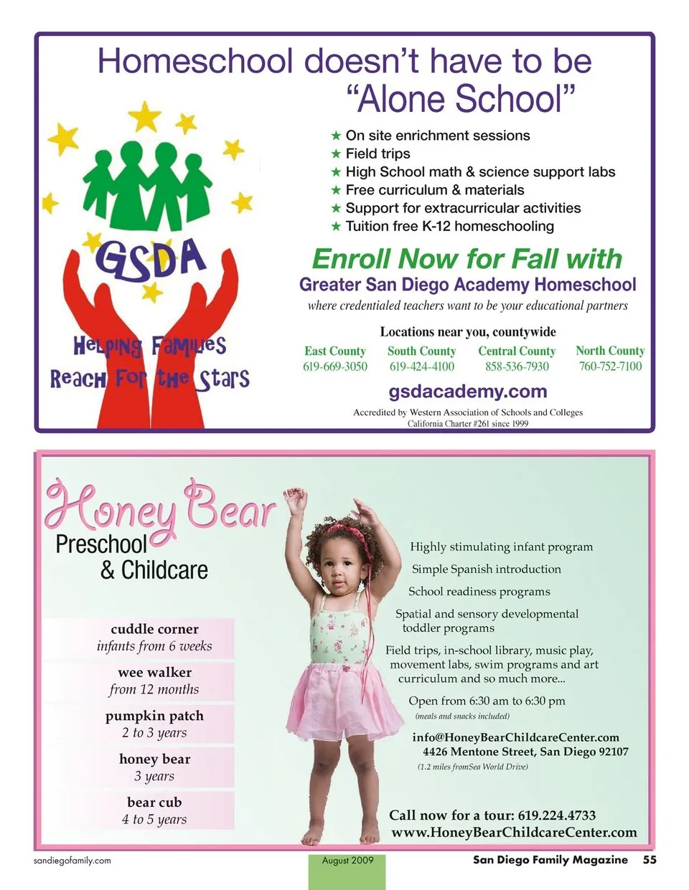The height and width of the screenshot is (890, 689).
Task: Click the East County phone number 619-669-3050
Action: click(x=335, y=366)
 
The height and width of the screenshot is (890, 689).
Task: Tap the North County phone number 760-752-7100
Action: click(x=610, y=366)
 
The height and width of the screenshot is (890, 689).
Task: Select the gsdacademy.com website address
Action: click(x=468, y=392)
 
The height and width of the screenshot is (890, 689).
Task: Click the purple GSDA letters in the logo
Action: click(x=151, y=258)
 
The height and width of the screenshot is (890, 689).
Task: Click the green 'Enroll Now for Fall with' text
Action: click(x=467, y=259)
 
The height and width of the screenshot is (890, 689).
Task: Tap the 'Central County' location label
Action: click(x=517, y=351)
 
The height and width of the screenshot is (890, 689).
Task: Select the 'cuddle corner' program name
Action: click(x=154, y=629)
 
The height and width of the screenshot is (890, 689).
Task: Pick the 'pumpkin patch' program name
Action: click(x=154, y=716)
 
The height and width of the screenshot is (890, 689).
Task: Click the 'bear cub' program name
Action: click(x=154, y=803)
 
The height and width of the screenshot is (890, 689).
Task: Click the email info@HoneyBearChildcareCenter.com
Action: click(x=515, y=737)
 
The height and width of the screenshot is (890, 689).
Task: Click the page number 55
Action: click(x=650, y=860)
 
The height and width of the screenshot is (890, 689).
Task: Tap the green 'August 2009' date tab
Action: click(x=348, y=861)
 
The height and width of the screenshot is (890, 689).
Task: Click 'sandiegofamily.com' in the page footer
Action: click(x=72, y=861)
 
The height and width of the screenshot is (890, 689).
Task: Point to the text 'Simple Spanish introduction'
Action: click(x=486, y=569)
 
